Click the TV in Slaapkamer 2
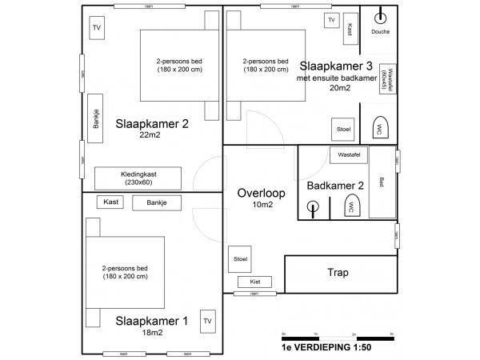pyautogui.click(x=97, y=29)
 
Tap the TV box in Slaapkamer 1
pyautogui.click(x=208, y=321)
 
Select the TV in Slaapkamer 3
pyautogui.click(x=330, y=20)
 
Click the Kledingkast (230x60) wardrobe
pyautogui.click(x=138, y=178)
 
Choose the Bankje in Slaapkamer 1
pyautogui.click(x=157, y=203)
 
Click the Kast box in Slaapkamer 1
pyautogui.click(x=111, y=202)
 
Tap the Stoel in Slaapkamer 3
pyautogui.click(x=344, y=129)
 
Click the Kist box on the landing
pyautogui.click(x=255, y=282)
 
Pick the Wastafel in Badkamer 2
pyautogui.click(x=347, y=153)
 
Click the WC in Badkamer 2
pyautogui.click(x=350, y=207)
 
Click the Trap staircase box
pyautogui.click(x=338, y=274)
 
